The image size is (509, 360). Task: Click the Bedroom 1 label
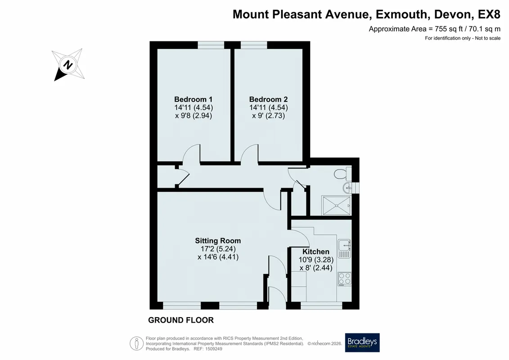[x=194, y=99]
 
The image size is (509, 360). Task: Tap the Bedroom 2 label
[x=269, y=99]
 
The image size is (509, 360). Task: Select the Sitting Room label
[x=218, y=241]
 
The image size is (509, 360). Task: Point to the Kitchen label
[x=316, y=252]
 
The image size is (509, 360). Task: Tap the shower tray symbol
[x=337, y=206]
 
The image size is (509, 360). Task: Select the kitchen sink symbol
[x=344, y=249]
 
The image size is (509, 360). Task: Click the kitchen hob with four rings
[x=344, y=279]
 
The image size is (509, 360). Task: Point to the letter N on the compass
[x=68, y=65]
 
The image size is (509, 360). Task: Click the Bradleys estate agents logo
[x=362, y=342]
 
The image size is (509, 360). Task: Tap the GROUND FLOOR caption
[x=181, y=320]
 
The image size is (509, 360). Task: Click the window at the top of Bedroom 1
[x=211, y=45]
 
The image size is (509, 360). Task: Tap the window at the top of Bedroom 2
[x=254, y=45]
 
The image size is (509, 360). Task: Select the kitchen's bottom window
[x=321, y=306]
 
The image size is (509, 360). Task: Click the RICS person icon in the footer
[x=137, y=343]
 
